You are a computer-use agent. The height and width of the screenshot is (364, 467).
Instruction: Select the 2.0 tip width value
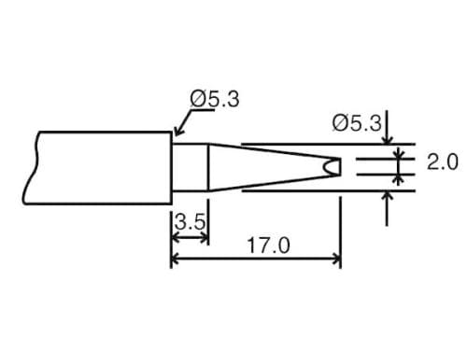442,161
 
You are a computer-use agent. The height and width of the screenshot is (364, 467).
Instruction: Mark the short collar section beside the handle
190,168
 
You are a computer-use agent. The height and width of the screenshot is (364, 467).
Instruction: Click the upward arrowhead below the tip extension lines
388,197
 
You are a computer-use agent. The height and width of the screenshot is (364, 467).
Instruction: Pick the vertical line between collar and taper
207,168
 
